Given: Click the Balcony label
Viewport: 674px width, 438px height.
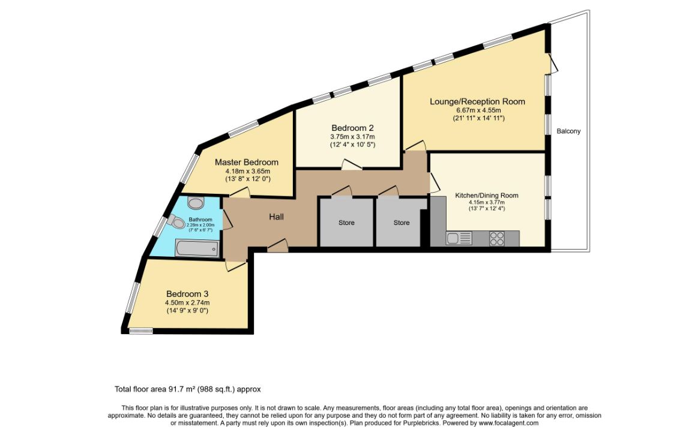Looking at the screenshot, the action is [568, 131].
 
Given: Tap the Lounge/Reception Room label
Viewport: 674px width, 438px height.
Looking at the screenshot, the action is [478, 101].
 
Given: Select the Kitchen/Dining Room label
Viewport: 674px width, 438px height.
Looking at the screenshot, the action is [487, 195].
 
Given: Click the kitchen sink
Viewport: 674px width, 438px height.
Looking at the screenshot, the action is [459, 238].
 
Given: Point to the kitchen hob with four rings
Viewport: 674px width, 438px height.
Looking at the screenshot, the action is [497, 239].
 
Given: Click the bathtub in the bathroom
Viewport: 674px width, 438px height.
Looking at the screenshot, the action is [197, 248].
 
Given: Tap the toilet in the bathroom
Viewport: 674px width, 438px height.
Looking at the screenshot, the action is [176, 221].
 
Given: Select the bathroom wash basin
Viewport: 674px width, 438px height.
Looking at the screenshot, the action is [196, 203].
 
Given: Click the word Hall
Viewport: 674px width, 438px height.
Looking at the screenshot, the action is [276, 217].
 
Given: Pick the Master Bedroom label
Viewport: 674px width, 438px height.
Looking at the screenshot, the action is [246, 162].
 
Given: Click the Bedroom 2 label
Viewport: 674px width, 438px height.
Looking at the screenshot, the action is [352, 128].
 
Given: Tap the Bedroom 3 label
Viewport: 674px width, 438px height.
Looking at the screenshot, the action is [187, 294].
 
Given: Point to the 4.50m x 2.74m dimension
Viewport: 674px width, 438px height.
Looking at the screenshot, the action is [187, 302].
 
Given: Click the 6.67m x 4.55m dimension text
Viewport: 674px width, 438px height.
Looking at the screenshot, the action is [478, 110].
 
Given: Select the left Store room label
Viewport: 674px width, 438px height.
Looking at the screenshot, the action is [346, 223].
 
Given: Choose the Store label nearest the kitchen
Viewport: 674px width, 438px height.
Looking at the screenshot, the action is [402, 223].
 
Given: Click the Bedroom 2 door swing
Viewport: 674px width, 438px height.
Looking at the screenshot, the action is [352, 164].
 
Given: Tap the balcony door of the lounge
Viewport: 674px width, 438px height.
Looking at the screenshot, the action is [553, 63].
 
